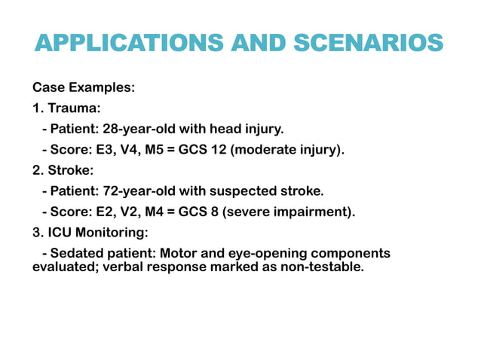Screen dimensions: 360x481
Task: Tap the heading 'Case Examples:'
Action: coord(84,87)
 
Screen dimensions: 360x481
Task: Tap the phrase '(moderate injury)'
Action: coord(287,150)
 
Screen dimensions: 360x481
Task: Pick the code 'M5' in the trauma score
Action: coord(155,150)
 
